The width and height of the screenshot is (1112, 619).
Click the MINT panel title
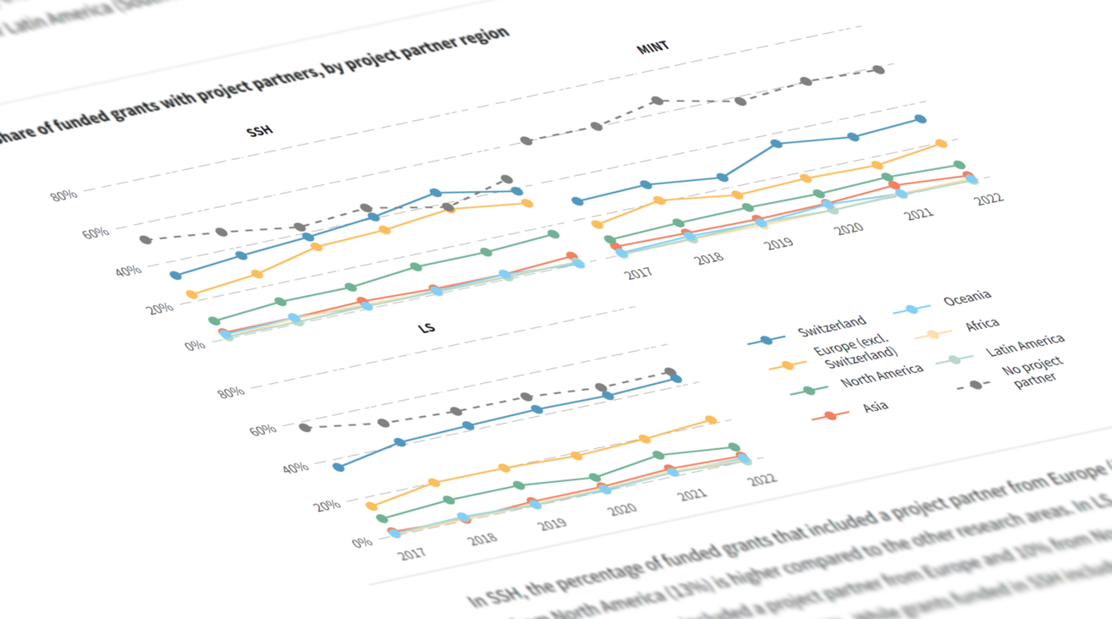652,47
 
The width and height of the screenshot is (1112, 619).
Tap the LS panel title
427,327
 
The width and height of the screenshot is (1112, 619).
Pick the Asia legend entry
875,408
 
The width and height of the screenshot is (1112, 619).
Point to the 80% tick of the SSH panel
63,195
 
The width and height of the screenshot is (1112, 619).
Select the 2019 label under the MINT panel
779,244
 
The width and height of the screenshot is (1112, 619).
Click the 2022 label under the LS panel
762,479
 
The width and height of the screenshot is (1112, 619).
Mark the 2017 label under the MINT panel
638,273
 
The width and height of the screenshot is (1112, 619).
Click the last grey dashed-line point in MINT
878,70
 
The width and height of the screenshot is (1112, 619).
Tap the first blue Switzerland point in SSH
175,276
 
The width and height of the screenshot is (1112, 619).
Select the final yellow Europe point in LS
711,420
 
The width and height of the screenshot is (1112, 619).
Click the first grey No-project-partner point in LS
305,428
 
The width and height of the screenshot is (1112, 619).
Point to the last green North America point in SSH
553,234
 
